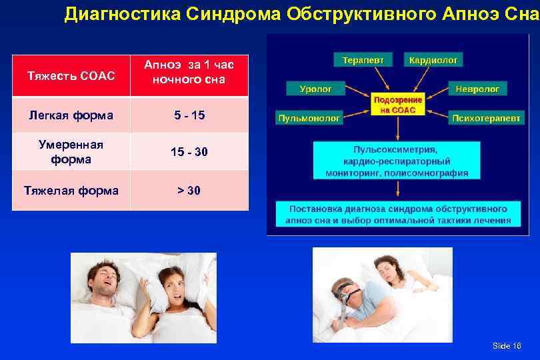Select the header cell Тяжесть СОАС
(x=71, y=76)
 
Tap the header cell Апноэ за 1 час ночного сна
(x=189, y=72)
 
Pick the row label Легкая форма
(x=71, y=115)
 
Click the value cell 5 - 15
(x=189, y=115)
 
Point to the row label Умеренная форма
(x=71, y=152)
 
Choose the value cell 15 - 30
(x=189, y=152)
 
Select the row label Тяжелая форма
(x=71, y=191)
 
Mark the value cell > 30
(x=189, y=191)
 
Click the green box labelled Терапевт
(x=363, y=60)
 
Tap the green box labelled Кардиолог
(x=433, y=60)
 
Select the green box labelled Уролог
(x=315, y=88)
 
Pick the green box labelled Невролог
(x=478, y=88)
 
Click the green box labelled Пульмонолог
(x=309, y=118)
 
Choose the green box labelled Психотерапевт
(x=486, y=118)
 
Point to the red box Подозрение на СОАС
(x=398, y=104)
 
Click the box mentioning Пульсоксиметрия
(x=397, y=161)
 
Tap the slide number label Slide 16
(x=507, y=345)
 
